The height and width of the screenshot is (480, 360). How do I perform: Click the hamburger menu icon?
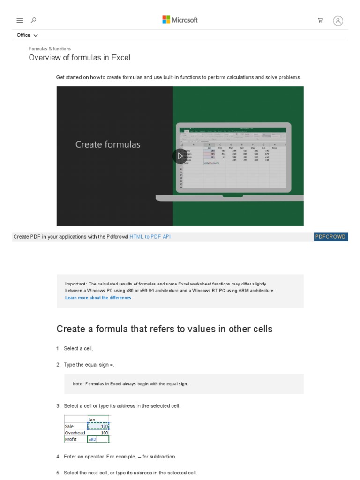point(20,20)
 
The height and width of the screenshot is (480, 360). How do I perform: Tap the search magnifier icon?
point(33,20)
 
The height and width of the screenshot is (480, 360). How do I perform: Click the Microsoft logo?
point(180,20)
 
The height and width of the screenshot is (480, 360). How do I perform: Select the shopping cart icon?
point(320,20)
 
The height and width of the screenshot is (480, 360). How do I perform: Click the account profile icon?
point(338,21)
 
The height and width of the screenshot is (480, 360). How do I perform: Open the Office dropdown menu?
point(27,35)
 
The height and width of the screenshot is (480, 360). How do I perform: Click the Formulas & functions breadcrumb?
point(50,49)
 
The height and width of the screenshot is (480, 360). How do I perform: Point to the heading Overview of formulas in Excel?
point(80,58)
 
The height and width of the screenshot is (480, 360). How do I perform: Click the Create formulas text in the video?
point(108,144)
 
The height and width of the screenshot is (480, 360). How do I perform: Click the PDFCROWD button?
point(330,237)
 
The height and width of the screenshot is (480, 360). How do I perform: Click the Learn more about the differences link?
point(98,298)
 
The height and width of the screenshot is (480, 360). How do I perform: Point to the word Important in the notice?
point(75,284)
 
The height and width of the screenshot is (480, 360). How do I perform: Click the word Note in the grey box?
point(78,384)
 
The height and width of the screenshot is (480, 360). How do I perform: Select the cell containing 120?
point(98,426)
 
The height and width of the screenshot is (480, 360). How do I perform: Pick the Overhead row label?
point(75,433)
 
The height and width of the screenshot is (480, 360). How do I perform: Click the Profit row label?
point(71,439)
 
